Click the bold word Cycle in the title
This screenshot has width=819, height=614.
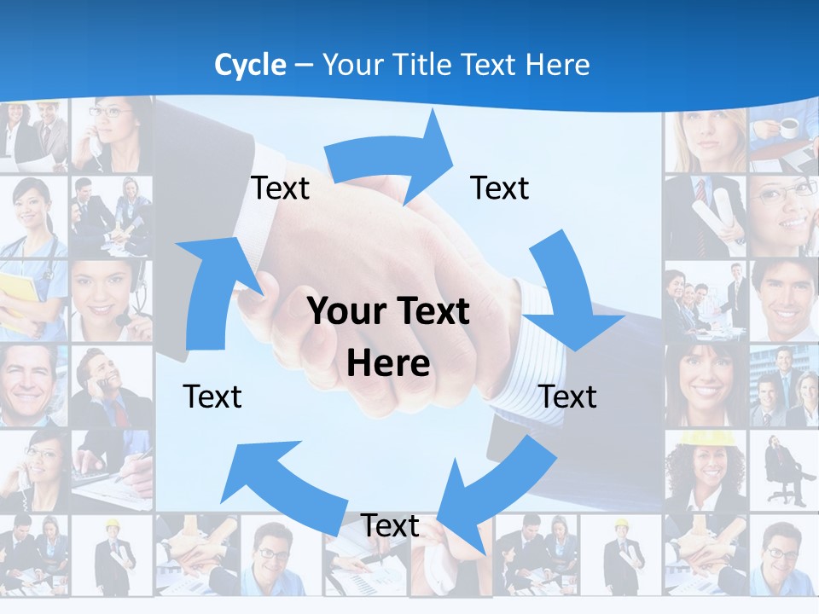(250, 65)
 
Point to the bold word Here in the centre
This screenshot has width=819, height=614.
(388, 364)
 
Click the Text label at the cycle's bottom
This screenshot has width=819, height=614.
(390, 525)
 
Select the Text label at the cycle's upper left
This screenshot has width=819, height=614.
(280, 188)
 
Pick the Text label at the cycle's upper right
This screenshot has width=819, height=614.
(500, 188)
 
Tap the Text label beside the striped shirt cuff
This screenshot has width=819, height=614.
(568, 397)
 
